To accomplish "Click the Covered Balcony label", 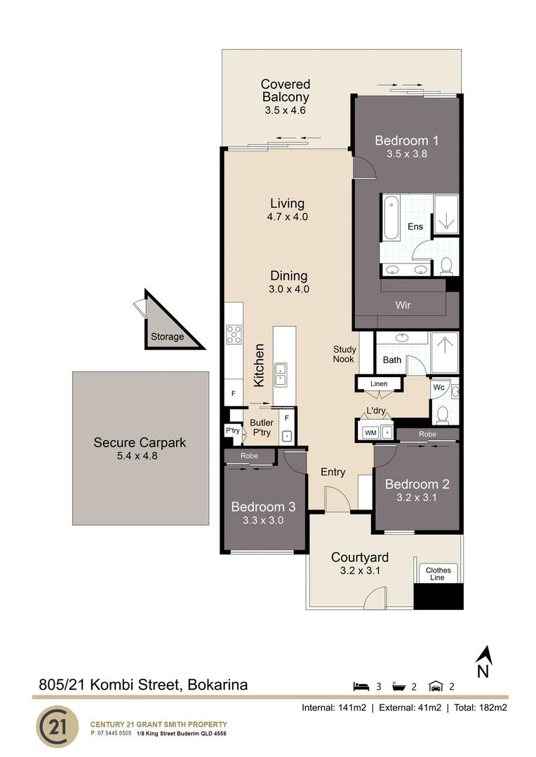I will pyautogui.click(x=286, y=91).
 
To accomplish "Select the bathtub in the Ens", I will pyautogui.click(x=391, y=218).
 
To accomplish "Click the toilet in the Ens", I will pyautogui.click(x=445, y=266).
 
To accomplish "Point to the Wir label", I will pyautogui.click(x=403, y=305).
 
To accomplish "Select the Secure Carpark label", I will pyautogui.click(x=140, y=443).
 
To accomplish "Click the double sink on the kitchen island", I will pyautogui.click(x=283, y=374).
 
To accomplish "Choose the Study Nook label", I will pyautogui.click(x=344, y=354).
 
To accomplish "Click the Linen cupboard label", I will pyautogui.click(x=379, y=384).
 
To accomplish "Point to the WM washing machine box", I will pyautogui.click(x=370, y=432).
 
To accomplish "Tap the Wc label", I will pyautogui.click(x=438, y=387).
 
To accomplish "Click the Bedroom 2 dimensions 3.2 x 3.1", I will pyautogui.click(x=417, y=498).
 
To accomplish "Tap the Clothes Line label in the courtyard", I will pyautogui.click(x=439, y=574).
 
